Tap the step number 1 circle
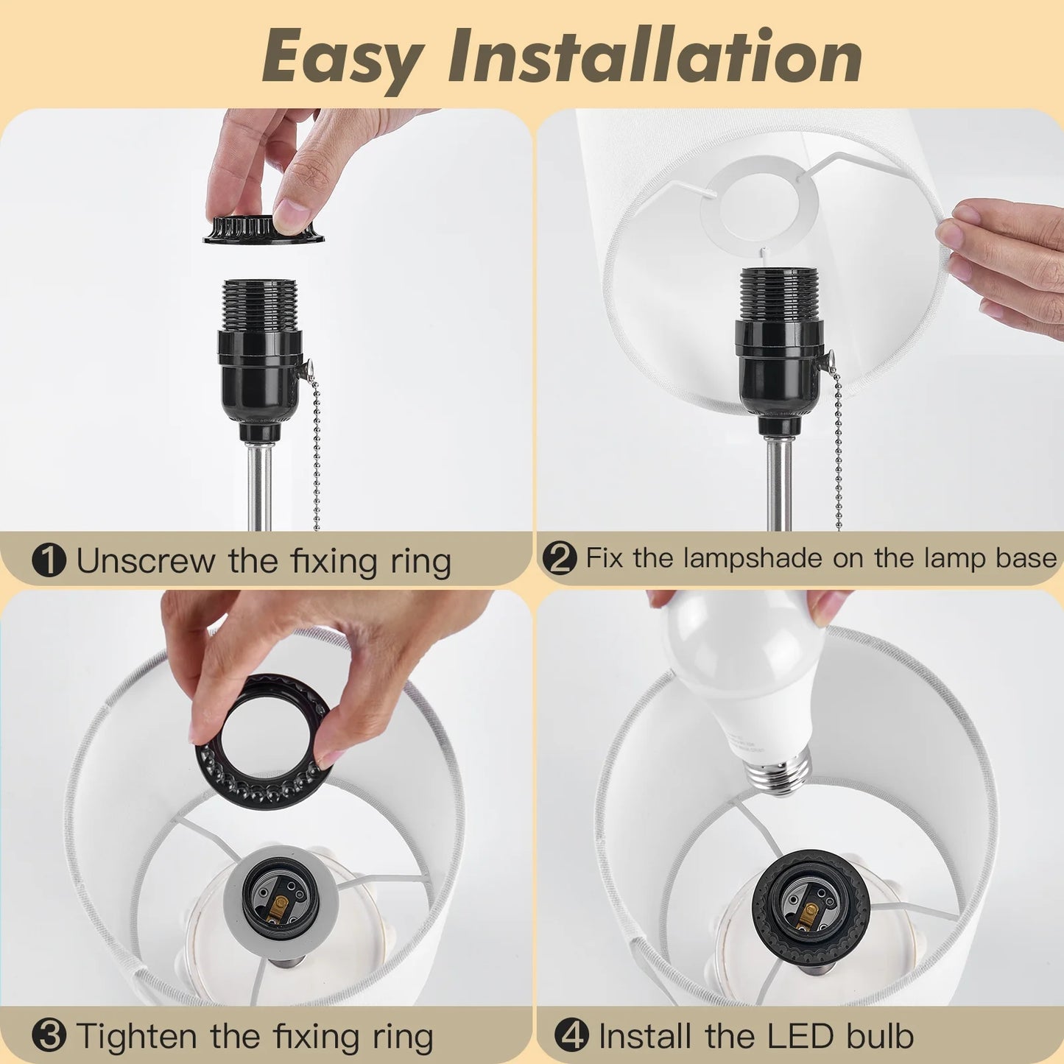click(49, 560)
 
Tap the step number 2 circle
click(560, 558)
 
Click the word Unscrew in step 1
click(146, 560)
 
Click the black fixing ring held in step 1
click(264, 229)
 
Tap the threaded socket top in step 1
click(260, 304)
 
